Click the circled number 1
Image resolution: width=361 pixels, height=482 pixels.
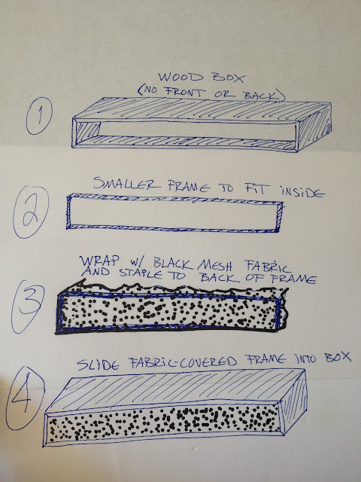coord(39,115)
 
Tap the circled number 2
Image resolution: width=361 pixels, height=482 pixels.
coord(31,212)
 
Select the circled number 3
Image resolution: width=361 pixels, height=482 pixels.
coord(28,307)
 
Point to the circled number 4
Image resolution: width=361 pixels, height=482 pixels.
coord(25,398)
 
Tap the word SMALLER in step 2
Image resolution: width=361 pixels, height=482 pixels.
coord(127,184)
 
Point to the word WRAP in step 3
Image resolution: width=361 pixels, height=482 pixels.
coord(99,261)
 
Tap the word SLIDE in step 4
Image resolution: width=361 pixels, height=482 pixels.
coord(98,365)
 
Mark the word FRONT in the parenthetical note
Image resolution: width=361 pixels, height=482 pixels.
coord(180,92)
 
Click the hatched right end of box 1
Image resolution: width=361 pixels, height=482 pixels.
coord(314,127)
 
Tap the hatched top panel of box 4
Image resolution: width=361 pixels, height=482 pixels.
coord(176,389)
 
